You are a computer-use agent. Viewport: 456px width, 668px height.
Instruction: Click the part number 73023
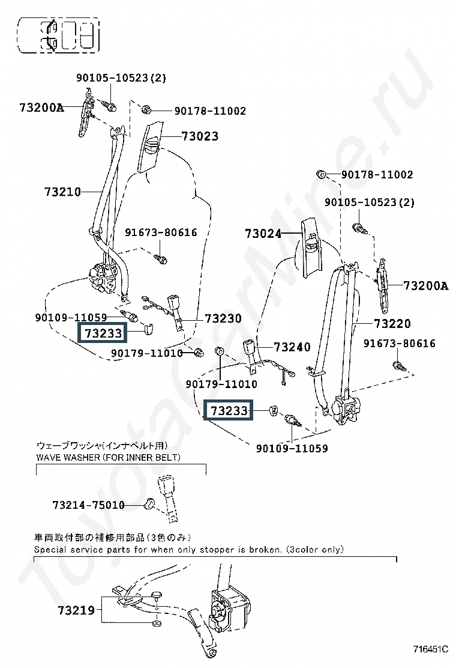[x=200, y=136]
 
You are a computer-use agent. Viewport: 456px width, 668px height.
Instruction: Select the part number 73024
[x=263, y=234]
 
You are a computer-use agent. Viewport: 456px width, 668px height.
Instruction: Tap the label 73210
[x=62, y=192]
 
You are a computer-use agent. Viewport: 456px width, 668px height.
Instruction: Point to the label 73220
[x=392, y=324]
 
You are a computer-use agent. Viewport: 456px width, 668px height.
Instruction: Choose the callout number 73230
[x=223, y=318]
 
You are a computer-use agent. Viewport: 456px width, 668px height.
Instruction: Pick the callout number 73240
[x=292, y=347]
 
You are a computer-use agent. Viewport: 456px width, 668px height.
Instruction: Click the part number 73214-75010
[x=88, y=505]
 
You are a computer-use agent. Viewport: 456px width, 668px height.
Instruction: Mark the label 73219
[x=76, y=610]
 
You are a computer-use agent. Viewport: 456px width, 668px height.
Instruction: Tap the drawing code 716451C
[x=430, y=649]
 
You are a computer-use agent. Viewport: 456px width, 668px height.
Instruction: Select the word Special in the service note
[x=49, y=550]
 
